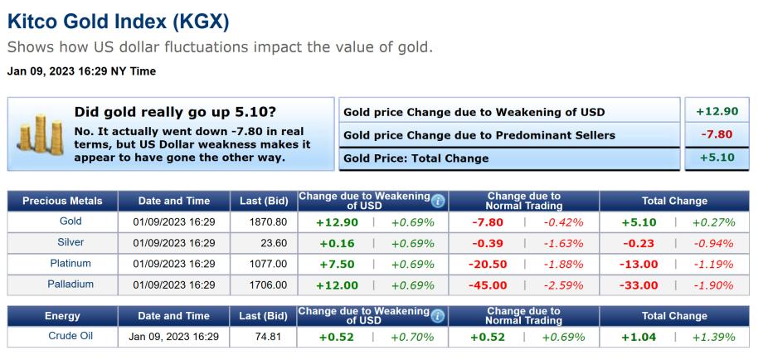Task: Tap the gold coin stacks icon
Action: [36, 134]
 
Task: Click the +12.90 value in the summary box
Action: [717, 112]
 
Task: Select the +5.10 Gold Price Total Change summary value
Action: [717, 157]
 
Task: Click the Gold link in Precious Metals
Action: [70, 222]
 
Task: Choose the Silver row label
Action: [70, 243]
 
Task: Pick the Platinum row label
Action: [70, 264]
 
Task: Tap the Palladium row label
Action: [70, 285]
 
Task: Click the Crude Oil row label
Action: [70, 337]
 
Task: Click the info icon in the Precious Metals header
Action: [439, 200]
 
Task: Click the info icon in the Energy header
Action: [439, 315]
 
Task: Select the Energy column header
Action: [62, 315]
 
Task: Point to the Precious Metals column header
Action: [62, 201]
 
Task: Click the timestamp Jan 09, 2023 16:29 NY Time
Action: [81, 71]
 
